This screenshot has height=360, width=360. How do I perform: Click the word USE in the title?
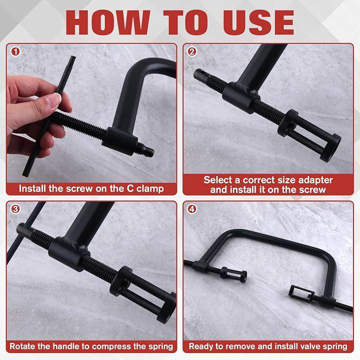[259, 22]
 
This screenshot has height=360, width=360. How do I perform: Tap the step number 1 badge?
[15, 51]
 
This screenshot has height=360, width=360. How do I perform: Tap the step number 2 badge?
[192, 51]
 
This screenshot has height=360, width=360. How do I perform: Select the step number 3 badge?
[15, 209]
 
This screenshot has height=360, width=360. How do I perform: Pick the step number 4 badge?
[192, 209]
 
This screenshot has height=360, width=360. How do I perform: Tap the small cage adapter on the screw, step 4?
[233, 274]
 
